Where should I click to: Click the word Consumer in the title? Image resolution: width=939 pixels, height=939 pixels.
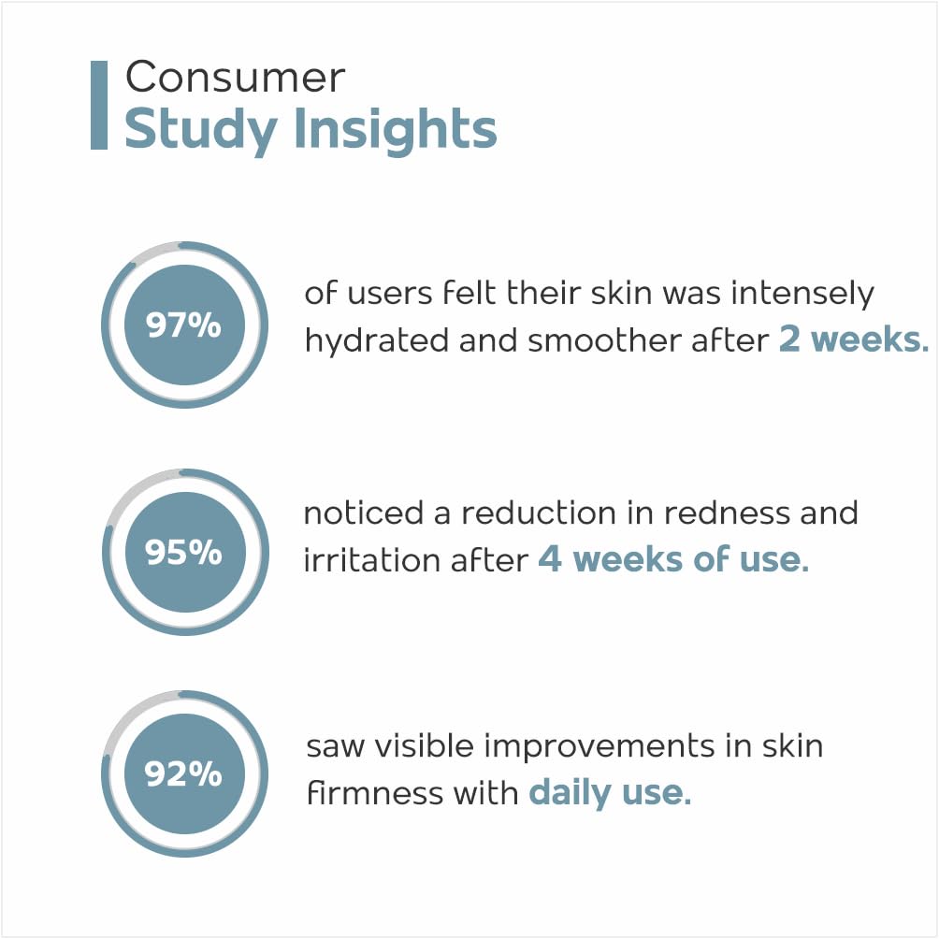tap(236, 78)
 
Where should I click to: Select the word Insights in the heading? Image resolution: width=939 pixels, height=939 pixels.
tap(396, 129)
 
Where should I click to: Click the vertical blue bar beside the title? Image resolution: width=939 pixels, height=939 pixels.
tap(99, 105)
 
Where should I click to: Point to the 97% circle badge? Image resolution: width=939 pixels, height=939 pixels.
tap(184, 325)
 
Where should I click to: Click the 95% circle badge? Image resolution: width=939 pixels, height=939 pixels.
tap(185, 552)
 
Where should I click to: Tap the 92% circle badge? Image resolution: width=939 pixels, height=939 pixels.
tap(184, 773)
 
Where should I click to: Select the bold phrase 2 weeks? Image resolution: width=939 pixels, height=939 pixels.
tap(854, 339)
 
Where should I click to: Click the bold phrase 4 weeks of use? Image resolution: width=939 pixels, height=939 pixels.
tap(673, 559)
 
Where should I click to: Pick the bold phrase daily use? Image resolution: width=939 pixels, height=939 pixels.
tap(610, 793)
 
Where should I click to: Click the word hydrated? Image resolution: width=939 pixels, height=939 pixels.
tap(377, 340)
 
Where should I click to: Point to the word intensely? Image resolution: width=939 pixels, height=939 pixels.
tap(802, 295)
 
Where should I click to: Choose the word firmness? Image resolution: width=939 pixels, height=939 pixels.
tap(375, 793)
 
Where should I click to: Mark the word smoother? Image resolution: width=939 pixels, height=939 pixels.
tap(605, 340)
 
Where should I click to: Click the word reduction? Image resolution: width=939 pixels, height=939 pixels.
tap(539, 513)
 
